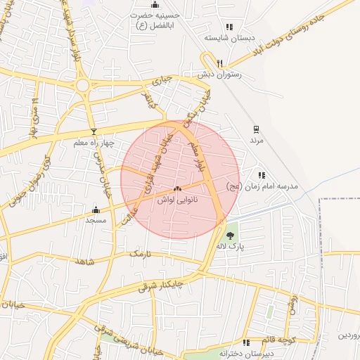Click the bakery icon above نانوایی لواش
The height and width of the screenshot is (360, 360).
(177, 189)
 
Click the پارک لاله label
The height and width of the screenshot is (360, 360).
(230, 247)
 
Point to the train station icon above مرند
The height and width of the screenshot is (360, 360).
(255, 129)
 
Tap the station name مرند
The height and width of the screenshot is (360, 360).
(255, 140)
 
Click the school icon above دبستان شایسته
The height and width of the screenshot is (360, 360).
(229, 27)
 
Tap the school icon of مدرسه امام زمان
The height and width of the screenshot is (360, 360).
(262, 175)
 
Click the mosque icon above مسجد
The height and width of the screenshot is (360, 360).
(96, 210)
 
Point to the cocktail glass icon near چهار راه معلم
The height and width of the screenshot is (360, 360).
(93, 132)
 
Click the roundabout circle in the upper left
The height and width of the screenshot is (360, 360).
(83, 86)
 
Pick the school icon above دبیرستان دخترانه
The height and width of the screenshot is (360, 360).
(246, 342)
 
